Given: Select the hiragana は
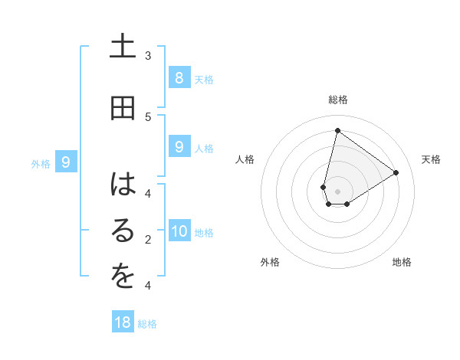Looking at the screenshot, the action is click(x=123, y=185).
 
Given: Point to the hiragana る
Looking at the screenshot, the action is click(x=123, y=232).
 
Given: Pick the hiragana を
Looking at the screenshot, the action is click(x=123, y=278).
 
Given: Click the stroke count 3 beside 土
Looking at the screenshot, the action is click(x=148, y=55).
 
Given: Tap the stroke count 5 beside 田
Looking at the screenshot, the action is click(x=148, y=116).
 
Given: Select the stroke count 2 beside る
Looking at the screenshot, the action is click(x=148, y=240).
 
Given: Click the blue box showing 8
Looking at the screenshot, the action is click(x=179, y=77).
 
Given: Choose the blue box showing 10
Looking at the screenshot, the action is click(x=179, y=231).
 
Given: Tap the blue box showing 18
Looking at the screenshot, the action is click(x=123, y=322).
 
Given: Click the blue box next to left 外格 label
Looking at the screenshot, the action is click(x=67, y=162).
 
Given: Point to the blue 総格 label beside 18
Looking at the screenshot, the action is click(x=147, y=324).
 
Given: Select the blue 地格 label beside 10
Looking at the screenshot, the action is click(x=205, y=233).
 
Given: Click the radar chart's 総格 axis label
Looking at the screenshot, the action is click(x=337, y=100).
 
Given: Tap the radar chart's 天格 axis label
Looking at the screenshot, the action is click(x=431, y=159).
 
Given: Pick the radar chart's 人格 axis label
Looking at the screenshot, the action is click(x=245, y=159).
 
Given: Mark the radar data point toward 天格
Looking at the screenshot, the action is click(x=396, y=172).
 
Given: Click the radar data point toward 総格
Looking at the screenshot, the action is click(x=337, y=130).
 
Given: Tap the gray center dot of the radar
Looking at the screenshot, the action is click(x=337, y=191).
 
